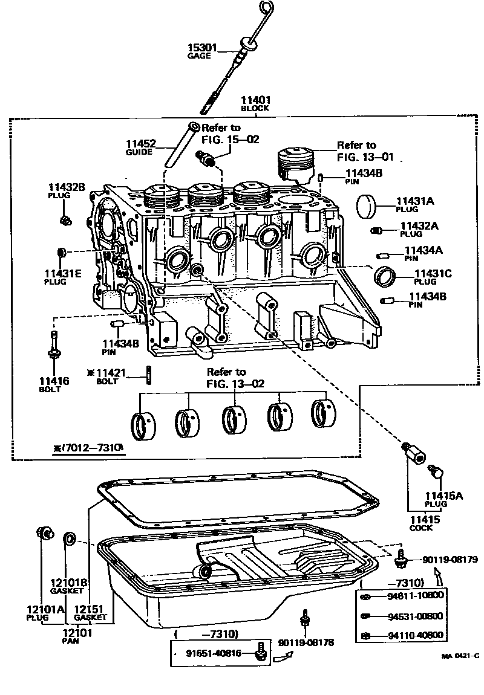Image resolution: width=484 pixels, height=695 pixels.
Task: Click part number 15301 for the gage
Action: (x=200, y=48)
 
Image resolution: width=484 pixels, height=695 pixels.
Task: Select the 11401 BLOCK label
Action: (x=255, y=104)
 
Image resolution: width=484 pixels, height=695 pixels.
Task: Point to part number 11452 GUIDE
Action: (x=141, y=144)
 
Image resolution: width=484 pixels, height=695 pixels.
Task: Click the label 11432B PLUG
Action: (x=67, y=191)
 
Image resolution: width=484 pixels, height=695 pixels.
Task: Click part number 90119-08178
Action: (x=306, y=642)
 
